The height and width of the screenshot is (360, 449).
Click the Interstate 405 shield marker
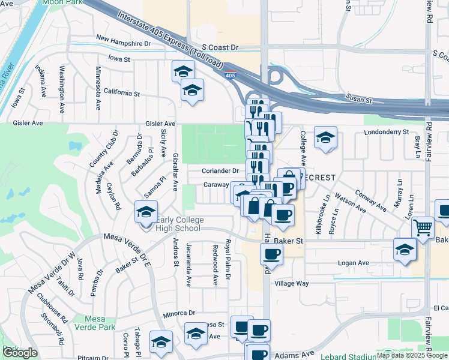click(231, 76)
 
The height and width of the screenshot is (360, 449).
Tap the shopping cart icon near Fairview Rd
click(423, 227)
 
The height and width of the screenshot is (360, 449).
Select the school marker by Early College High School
click(145, 212)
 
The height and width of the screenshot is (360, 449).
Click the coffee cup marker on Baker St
click(271, 253)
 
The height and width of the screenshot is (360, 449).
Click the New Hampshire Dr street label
click(123, 43)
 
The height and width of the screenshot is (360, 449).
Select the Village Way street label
click(292, 283)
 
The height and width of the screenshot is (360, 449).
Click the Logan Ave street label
click(354, 263)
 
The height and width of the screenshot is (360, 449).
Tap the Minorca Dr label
click(179, 313)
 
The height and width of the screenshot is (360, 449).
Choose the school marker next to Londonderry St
click(325, 137)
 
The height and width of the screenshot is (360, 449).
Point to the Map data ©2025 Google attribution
click(411, 355)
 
